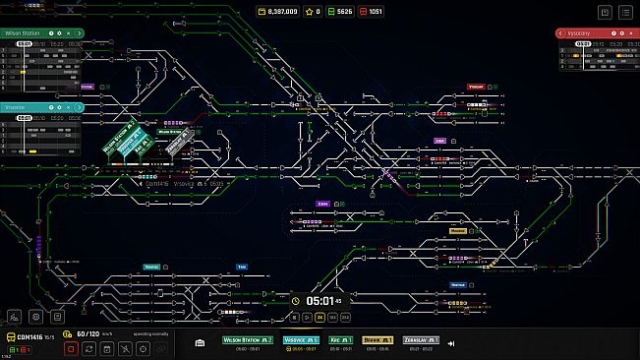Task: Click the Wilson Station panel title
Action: (x=22, y=32)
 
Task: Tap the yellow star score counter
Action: (x=314, y=12)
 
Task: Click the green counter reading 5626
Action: (x=339, y=12)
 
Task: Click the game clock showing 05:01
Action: (x=321, y=301)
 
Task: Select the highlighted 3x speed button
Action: (x=319, y=318)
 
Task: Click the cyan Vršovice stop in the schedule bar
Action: (x=301, y=340)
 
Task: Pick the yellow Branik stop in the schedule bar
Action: (x=378, y=340)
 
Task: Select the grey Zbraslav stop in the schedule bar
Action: (x=419, y=340)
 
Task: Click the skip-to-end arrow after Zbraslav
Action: (x=450, y=343)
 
